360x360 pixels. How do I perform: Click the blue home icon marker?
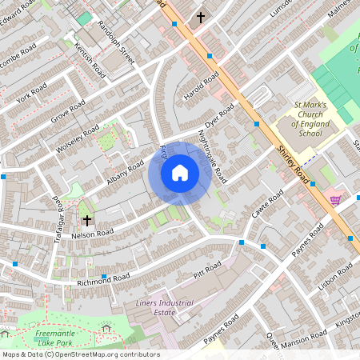coord(180,173)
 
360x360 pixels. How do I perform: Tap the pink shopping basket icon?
coord(334,200)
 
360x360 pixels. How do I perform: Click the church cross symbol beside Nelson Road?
coord(86,218)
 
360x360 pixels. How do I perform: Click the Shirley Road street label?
coord(294,164)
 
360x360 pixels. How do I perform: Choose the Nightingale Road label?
coord(212,155)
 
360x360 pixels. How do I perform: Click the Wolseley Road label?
coord(78,138)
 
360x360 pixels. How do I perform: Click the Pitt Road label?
coord(207,270)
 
